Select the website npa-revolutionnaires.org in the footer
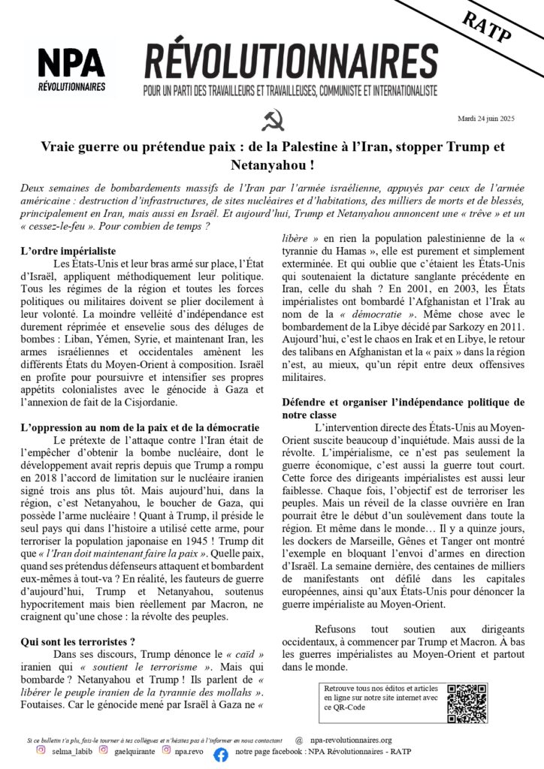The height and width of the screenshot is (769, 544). pyautogui.click(x=353, y=740)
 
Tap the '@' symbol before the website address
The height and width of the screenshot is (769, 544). pyautogui.click(x=299, y=740)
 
